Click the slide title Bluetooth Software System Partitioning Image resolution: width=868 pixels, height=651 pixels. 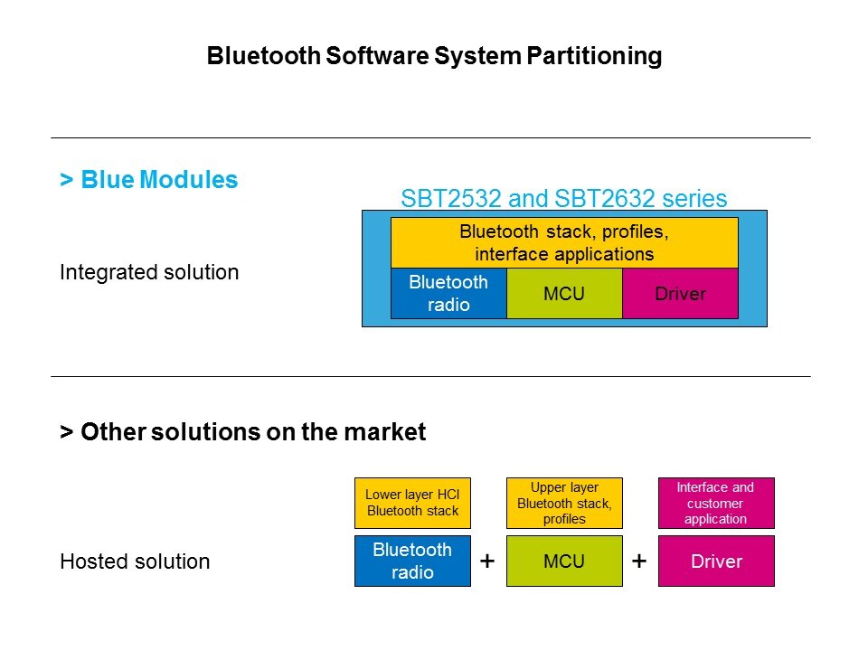[x=434, y=56]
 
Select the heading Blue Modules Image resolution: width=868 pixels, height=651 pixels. [x=149, y=180]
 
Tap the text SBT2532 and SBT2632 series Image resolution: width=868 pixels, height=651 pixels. [x=563, y=199]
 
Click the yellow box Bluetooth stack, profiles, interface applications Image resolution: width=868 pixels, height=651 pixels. [x=564, y=243]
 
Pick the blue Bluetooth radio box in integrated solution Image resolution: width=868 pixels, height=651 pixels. [x=448, y=293]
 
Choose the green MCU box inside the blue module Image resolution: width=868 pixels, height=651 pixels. [x=564, y=294]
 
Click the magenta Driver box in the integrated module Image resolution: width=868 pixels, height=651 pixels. [x=680, y=294]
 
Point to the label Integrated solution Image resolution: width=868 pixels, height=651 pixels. [x=149, y=272]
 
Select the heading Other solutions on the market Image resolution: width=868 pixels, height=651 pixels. [x=242, y=432]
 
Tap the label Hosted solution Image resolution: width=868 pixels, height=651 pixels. [x=135, y=561]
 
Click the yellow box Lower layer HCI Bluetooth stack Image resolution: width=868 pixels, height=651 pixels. [x=412, y=503]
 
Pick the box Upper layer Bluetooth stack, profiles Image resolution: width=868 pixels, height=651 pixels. [x=564, y=503]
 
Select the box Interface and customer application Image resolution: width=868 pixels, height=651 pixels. [x=715, y=503]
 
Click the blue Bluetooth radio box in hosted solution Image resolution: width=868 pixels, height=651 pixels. [x=412, y=561]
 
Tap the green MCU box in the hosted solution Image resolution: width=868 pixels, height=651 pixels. [x=564, y=561]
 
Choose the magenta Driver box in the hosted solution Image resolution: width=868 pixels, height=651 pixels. [x=715, y=561]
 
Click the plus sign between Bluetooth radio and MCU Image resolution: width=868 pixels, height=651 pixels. [x=488, y=561]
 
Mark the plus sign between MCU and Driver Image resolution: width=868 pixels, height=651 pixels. [x=640, y=561]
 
